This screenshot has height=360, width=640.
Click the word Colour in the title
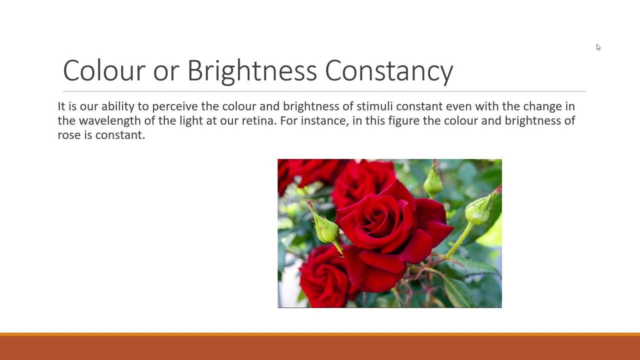(x=104, y=70)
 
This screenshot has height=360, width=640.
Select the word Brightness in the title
(x=252, y=70)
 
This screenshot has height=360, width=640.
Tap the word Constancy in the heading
(x=389, y=70)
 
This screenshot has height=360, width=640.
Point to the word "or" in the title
(x=166, y=70)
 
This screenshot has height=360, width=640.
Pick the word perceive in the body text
(x=174, y=106)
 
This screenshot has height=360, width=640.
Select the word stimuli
(x=374, y=106)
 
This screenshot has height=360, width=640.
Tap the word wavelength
(x=110, y=121)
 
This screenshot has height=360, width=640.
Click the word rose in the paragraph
(x=68, y=135)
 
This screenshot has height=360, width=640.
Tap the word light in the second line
(x=191, y=121)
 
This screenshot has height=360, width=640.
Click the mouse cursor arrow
(x=598, y=47)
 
